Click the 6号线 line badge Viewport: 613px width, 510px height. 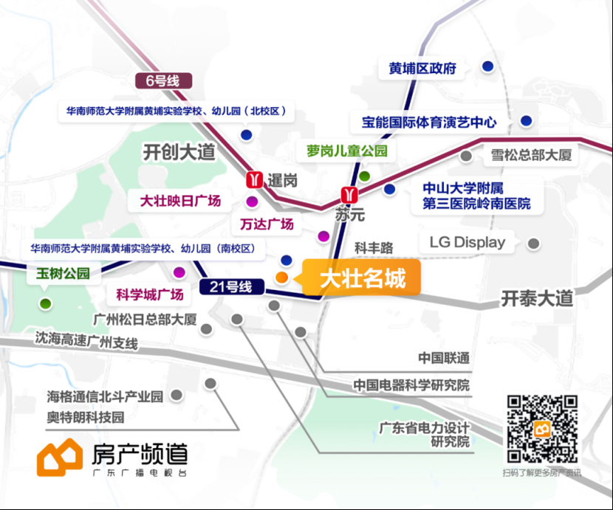tap(163, 81)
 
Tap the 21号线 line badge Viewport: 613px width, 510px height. tap(231, 287)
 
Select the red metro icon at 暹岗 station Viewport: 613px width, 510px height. tap(254, 180)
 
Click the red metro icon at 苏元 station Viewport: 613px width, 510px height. tap(349, 195)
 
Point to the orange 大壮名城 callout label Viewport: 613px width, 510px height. tap(362, 278)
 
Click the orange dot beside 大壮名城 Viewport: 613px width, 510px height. tap(282, 277)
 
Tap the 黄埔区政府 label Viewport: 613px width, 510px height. tap(422, 69)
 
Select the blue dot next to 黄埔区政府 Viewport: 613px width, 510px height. tap(487, 66)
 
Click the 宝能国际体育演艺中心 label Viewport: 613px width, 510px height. tap(429, 123)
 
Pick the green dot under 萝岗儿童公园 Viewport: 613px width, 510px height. tap(364, 176)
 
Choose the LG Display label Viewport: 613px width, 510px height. tap(468, 242)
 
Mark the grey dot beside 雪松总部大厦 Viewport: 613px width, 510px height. tap(465, 156)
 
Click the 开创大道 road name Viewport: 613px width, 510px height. tap(179, 152)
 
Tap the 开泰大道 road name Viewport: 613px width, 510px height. tap(537, 299)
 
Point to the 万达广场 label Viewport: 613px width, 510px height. tap(267, 224)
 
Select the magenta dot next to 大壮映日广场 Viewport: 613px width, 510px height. tap(252, 201)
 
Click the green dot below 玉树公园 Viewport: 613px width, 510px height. tap(45, 303)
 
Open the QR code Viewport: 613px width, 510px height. tap(542, 429)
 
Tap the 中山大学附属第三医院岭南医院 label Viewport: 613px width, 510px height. tap(476, 196)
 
